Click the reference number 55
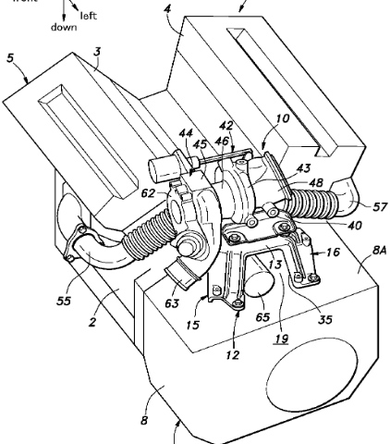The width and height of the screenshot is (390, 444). tap(64, 301)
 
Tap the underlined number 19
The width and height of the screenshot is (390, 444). tap(282, 339)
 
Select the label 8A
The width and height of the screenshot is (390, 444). tap(379, 251)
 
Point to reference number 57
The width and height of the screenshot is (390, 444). tap(380, 207)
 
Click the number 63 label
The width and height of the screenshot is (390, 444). tap(172, 303)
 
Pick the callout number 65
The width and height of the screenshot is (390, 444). tap(262, 317)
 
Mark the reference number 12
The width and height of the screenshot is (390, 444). tap(233, 355)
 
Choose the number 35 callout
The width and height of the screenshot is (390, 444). tap(325, 320)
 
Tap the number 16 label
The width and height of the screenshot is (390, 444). tap(333, 253)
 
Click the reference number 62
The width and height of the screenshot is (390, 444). tap(148, 193)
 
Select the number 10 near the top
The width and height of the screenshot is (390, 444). tap(283, 118)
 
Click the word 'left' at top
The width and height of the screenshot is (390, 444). tap(89, 16)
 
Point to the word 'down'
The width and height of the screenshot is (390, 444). tap(64, 27)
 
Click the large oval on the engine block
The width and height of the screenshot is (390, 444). tap(312, 374)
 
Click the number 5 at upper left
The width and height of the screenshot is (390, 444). tap(11, 57)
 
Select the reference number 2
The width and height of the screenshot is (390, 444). tap(92, 322)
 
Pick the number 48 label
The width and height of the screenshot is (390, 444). tap(315, 182)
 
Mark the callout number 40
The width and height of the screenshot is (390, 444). tap(354, 226)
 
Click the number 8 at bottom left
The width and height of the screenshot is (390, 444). tap(144, 420)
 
